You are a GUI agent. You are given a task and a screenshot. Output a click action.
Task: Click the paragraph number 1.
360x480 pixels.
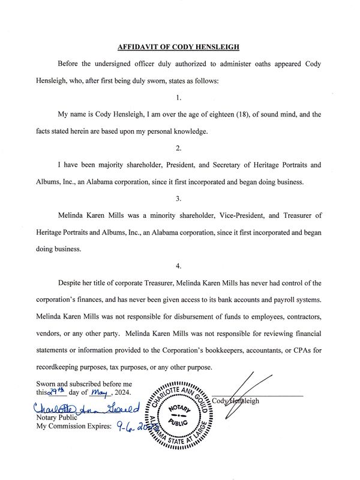[x=180, y=97]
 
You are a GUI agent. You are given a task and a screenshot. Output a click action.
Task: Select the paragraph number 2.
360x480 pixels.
[x=180, y=148]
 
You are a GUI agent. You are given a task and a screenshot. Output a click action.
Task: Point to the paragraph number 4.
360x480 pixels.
[x=180, y=265]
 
